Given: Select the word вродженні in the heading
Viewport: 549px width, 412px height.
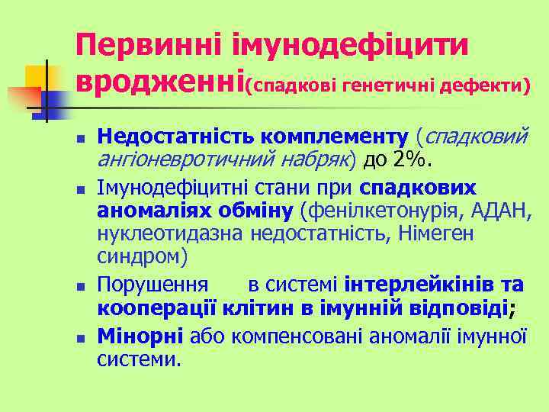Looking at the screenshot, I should tap(159, 80).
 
